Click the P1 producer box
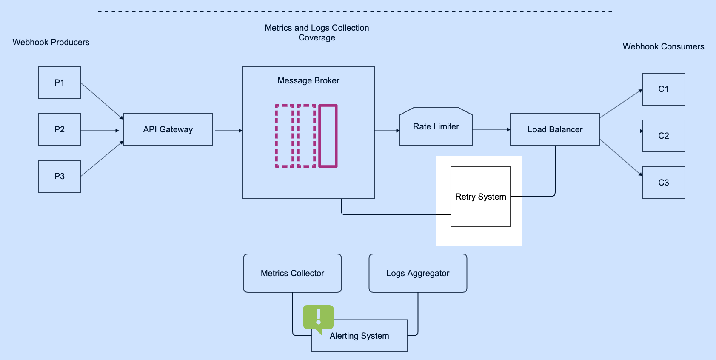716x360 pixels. [x=60, y=83]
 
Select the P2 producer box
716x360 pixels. [x=60, y=129]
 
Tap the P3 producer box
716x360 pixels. [x=60, y=176]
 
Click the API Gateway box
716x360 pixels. [x=168, y=129]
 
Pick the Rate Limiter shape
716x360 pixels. [x=436, y=127]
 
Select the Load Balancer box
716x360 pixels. [x=555, y=129]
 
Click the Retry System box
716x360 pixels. [x=480, y=197]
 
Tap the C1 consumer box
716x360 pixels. [x=663, y=89]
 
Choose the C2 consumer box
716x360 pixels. [x=663, y=136]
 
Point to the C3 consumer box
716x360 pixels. [x=663, y=183]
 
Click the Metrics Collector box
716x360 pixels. [x=292, y=273]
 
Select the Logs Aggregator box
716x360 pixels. [x=418, y=273]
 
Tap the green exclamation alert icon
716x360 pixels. [x=318, y=317]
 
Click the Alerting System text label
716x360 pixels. [x=359, y=336]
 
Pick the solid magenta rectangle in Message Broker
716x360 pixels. [x=328, y=136]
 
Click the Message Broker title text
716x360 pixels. [x=308, y=80]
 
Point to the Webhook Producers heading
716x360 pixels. [x=51, y=42]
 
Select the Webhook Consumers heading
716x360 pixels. [x=663, y=46]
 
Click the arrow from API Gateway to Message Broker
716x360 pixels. [x=228, y=131]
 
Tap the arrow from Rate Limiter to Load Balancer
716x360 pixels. [x=491, y=130]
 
